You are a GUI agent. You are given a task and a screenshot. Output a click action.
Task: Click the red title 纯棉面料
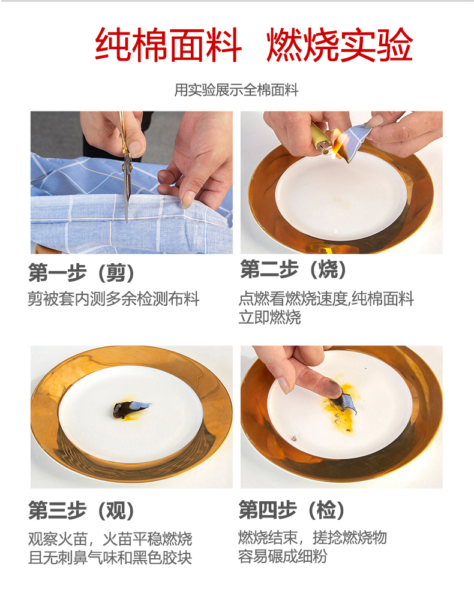click(168, 44)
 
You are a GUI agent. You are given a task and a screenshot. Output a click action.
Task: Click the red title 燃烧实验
click(340, 44)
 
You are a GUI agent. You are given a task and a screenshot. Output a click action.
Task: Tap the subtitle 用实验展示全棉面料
click(236, 90)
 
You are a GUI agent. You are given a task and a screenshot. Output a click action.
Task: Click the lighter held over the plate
click(322, 139)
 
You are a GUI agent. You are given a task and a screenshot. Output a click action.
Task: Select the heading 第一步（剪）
click(82, 273)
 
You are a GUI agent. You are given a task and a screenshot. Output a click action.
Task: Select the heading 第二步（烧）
click(293, 269)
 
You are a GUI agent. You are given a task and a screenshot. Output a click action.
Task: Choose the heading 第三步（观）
click(82, 511)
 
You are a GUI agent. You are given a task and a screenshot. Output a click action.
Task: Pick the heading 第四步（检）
click(292, 510)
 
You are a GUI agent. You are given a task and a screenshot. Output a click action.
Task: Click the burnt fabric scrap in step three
click(130, 409)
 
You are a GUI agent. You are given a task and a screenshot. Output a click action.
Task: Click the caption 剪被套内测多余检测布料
click(113, 299)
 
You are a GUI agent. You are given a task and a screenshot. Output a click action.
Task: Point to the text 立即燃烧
click(269, 318)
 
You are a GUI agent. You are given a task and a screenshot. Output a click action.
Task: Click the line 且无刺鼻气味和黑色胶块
click(110, 558)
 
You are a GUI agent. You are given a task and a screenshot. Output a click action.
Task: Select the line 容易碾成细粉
click(283, 556)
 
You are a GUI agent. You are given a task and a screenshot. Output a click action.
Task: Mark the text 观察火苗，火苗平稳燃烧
click(110, 539)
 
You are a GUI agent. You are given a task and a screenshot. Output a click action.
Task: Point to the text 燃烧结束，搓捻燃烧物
click(312, 537)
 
